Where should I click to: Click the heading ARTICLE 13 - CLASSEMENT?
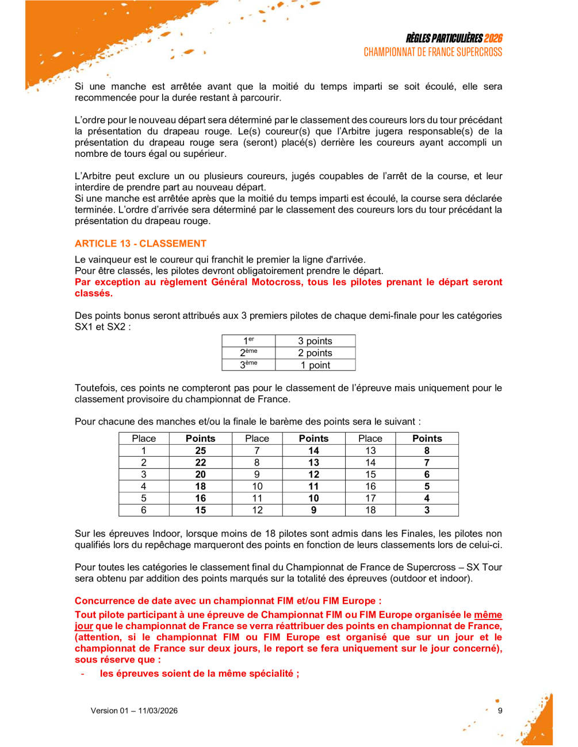click(140, 244)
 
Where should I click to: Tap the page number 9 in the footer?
click(500, 711)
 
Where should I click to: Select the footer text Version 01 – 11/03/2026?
click(134, 711)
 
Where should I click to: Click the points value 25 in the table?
click(200, 450)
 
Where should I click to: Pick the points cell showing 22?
click(200, 463)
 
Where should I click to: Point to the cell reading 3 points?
click(315, 341)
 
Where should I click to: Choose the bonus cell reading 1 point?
click(315, 365)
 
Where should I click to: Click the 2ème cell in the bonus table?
click(248, 353)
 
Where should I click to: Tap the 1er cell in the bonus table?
click(248, 341)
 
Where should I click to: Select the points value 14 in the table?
click(313, 450)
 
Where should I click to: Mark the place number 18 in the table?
click(370, 510)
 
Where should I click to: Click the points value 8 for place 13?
click(427, 450)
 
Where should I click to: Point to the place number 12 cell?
click(257, 510)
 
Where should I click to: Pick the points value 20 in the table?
click(200, 475)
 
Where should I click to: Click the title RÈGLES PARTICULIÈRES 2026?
click(454, 38)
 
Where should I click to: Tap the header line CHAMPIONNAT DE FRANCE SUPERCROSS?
click(432, 52)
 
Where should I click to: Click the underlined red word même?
click(488, 615)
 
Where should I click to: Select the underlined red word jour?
click(84, 626)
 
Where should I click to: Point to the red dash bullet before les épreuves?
click(83, 674)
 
